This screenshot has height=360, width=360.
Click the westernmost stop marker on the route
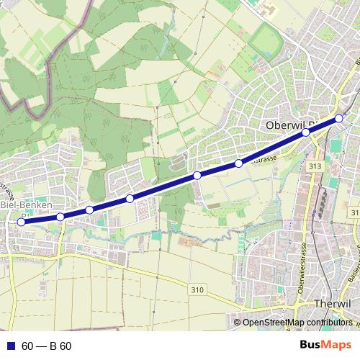(x=21, y=222)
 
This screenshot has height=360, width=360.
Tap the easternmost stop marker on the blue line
(x=339, y=118)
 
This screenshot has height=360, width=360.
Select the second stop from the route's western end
(x=60, y=216)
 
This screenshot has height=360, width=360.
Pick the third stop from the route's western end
(x=89, y=210)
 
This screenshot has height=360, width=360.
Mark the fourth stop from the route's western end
(x=130, y=198)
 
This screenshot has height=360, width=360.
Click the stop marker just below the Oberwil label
(x=306, y=132)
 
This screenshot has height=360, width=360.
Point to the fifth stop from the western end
(x=197, y=176)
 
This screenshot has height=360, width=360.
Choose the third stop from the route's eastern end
(x=238, y=163)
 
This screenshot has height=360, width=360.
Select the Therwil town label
(x=333, y=304)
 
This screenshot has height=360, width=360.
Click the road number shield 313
(x=314, y=167)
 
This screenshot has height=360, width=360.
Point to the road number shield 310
(x=198, y=289)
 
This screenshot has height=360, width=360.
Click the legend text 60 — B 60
(x=46, y=346)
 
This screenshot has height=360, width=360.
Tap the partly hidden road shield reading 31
(x=354, y=213)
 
